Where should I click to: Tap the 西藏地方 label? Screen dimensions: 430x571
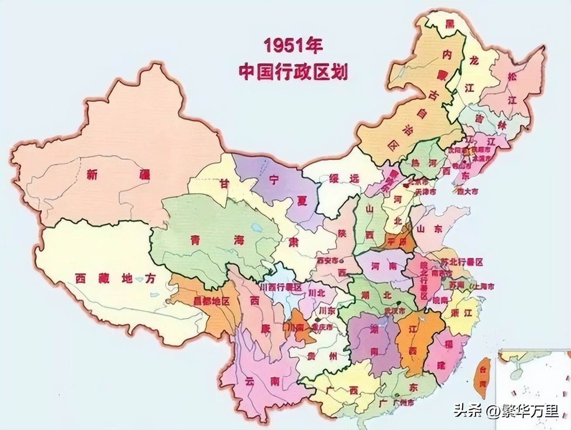115,279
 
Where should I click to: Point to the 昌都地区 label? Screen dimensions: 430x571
211,301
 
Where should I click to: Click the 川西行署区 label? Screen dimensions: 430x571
280,288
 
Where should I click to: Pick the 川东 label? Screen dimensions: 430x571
327,311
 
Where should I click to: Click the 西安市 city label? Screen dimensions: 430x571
327,261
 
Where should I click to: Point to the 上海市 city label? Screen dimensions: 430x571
484,287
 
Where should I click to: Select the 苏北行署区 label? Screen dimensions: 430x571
462,262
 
